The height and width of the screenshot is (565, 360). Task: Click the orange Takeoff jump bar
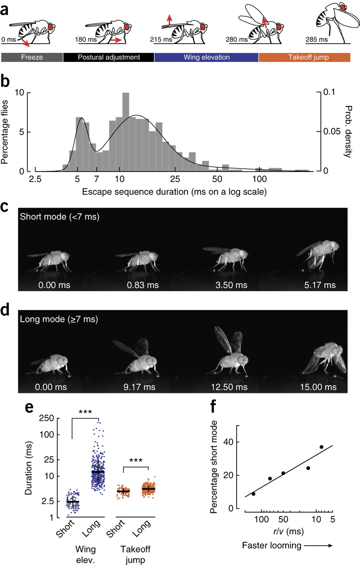pos(304,57)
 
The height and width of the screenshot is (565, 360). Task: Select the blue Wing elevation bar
pos(206,57)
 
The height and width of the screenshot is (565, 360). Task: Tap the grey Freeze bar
pos(32,57)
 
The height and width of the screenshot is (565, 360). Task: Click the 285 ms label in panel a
pos(316,39)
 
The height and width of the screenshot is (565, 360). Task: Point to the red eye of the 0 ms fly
pos(51,26)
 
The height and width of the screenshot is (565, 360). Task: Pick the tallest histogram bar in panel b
pos(126,132)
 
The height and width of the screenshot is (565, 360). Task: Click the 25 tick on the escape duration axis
pos(175,179)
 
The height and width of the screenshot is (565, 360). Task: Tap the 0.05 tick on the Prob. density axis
pos(332,132)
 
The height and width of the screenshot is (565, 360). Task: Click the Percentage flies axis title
pos(5,132)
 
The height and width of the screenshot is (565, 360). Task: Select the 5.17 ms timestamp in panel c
pos(320,285)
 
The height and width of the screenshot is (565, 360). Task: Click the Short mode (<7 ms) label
pos(60,217)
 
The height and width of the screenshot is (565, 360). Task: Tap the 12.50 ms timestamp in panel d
pos(229,387)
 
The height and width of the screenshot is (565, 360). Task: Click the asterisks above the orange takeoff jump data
pos(136,460)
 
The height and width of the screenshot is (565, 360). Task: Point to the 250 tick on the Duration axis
pos(47,418)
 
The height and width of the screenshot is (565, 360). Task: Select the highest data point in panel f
pos(321,447)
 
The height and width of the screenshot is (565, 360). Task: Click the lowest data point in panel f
pos(253,494)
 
